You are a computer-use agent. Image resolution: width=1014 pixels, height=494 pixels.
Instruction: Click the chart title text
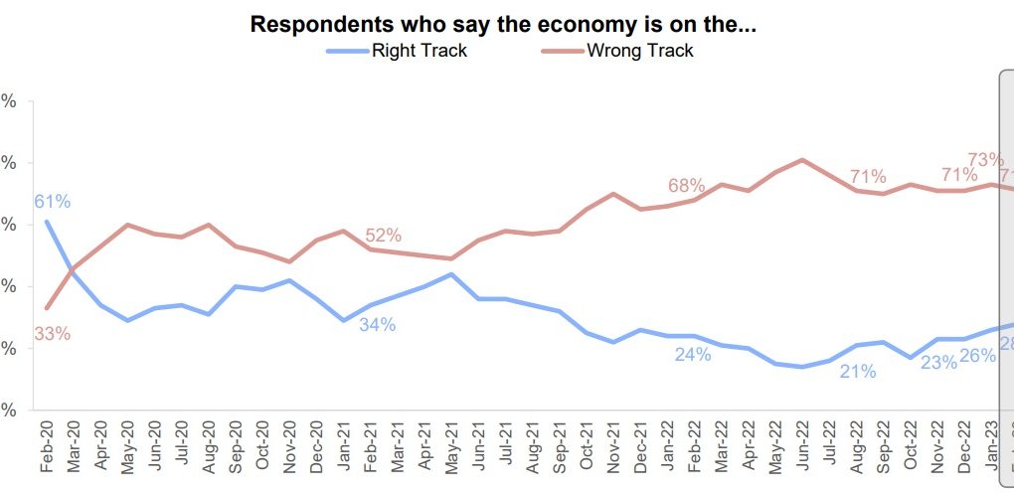[x=503, y=25]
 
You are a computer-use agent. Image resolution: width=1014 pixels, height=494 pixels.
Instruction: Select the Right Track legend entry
[x=419, y=51]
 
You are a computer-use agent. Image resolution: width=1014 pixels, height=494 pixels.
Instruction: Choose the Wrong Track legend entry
[x=640, y=51]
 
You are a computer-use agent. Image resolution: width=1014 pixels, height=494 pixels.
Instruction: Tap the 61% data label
[x=53, y=202]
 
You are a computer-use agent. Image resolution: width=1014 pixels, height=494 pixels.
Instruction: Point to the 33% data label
[x=52, y=334]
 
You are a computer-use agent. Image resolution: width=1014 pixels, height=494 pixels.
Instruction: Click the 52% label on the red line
[x=383, y=236]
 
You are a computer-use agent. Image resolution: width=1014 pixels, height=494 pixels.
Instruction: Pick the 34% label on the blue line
[x=378, y=325]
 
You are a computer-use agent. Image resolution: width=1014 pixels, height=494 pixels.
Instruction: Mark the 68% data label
[x=686, y=186]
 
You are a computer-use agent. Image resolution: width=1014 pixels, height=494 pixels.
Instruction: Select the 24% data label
[x=693, y=355]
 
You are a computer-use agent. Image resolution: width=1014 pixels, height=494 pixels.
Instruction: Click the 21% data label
[x=857, y=372]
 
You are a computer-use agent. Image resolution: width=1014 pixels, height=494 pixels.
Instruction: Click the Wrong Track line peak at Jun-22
[x=801, y=159]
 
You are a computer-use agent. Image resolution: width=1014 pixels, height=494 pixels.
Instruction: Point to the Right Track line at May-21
[x=451, y=274]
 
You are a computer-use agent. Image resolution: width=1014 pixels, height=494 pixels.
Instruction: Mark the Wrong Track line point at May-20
[x=127, y=225]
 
